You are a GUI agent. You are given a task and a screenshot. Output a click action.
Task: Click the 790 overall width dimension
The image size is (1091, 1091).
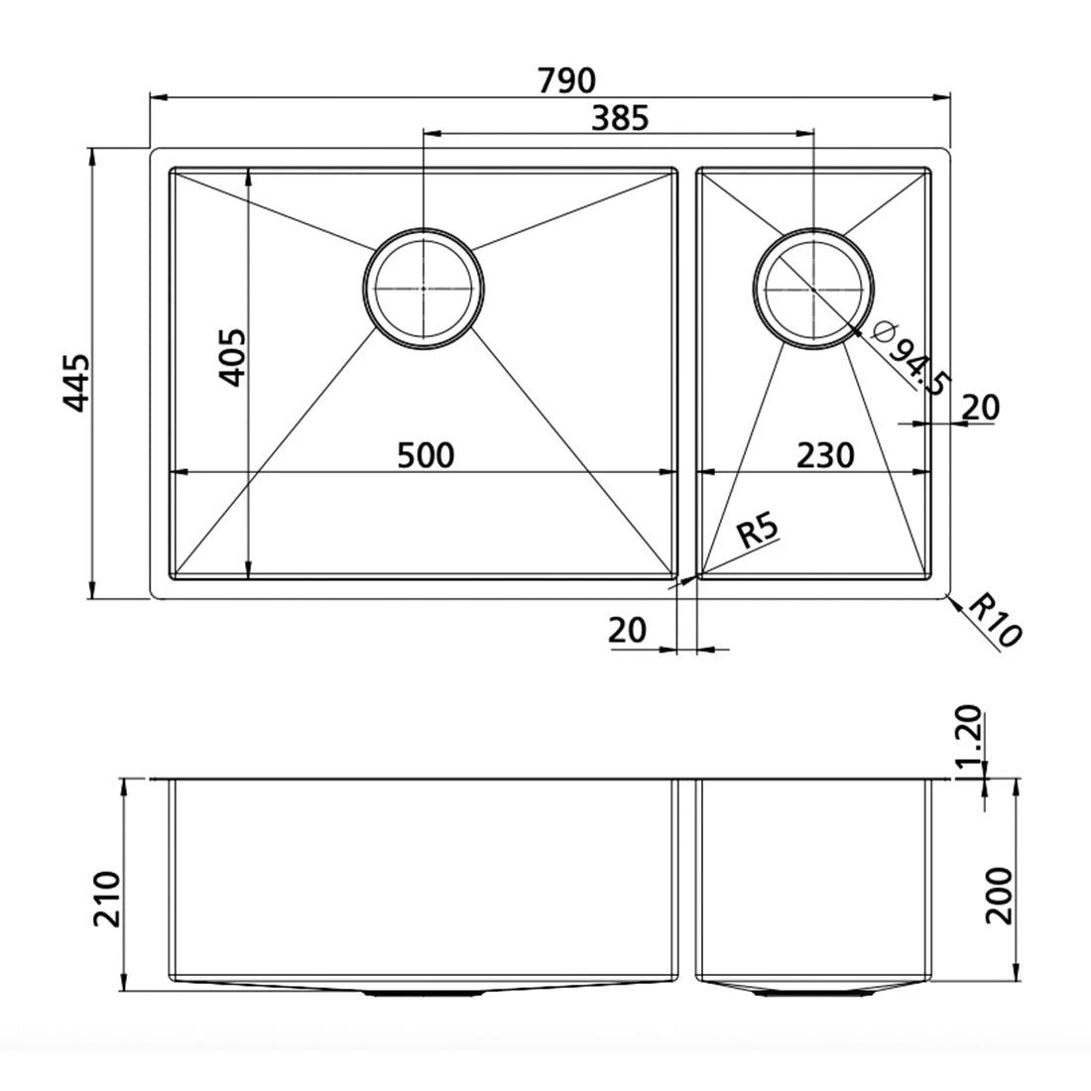pos(566,78)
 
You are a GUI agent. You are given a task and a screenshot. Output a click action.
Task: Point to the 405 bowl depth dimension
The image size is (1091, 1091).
pos(231,358)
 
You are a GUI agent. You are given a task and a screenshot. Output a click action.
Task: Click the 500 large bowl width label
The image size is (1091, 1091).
pos(425,455)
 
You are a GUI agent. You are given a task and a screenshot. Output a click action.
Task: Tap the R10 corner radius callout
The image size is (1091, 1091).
pos(994,620)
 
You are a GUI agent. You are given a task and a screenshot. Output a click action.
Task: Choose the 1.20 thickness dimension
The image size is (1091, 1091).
pos(970,733)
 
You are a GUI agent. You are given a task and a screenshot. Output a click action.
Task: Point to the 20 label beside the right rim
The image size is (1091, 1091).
pos(981,407)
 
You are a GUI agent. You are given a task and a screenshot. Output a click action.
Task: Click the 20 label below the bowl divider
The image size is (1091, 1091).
pos(628,630)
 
